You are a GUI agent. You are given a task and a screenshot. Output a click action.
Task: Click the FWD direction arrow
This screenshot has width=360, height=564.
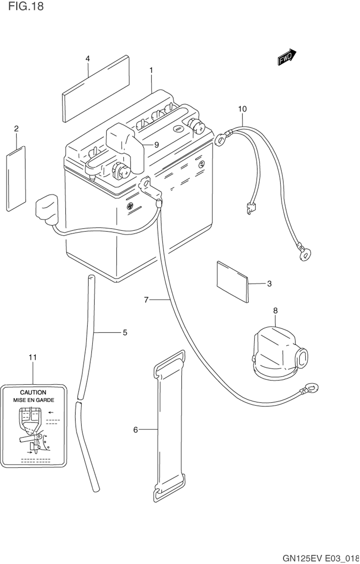tap(287, 57)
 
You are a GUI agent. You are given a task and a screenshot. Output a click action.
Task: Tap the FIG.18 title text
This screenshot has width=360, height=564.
tap(26, 6)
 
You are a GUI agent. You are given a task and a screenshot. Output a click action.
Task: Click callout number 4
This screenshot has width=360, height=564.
tap(87, 59)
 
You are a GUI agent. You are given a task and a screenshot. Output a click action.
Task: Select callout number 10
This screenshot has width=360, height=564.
tap(242, 109)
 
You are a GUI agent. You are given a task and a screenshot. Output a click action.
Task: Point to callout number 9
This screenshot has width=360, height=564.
tap(157, 145)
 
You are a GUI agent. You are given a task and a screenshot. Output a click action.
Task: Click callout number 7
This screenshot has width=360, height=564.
tap(147, 300)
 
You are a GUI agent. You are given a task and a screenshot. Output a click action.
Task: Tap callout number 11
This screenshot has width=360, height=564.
tap(33, 357)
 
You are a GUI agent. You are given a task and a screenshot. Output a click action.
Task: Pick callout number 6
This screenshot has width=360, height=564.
tap(135, 430)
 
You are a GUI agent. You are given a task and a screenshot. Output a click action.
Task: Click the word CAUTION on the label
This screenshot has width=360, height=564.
tap(33, 392)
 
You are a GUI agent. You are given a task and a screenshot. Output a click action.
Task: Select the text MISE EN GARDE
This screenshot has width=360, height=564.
tap(33, 400)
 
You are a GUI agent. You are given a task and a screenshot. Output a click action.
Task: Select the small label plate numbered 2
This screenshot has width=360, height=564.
tap(16, 178)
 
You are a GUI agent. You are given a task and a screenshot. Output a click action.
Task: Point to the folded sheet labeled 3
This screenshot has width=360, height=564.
tap(233, 282)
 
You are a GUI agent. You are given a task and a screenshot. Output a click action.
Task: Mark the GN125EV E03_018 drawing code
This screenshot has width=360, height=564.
tap(321, 558)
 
